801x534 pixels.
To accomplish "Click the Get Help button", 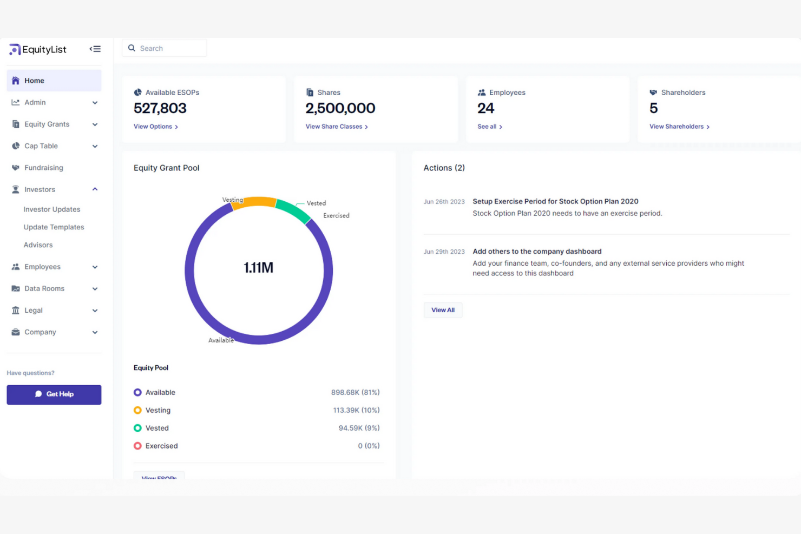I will pos(54,394).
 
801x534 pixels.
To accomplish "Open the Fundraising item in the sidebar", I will pos(43,168).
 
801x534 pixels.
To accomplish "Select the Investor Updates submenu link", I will pos(51,209).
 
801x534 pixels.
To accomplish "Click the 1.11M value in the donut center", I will pos(258,268).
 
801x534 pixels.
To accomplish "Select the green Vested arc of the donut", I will pos(293,210).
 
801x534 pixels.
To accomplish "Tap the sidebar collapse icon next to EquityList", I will pos(95,49).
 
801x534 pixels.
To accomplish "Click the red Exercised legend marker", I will pos(137,446).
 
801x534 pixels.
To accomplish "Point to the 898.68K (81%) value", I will pos(355,392).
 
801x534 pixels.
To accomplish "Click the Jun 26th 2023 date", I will pos(444,202).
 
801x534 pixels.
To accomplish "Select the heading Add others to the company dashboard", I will pos(536,252).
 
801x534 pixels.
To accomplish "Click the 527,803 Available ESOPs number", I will pos(160,108).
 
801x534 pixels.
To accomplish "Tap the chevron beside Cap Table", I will pos(95,146).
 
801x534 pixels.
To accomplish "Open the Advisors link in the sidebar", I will pos(38,245).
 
